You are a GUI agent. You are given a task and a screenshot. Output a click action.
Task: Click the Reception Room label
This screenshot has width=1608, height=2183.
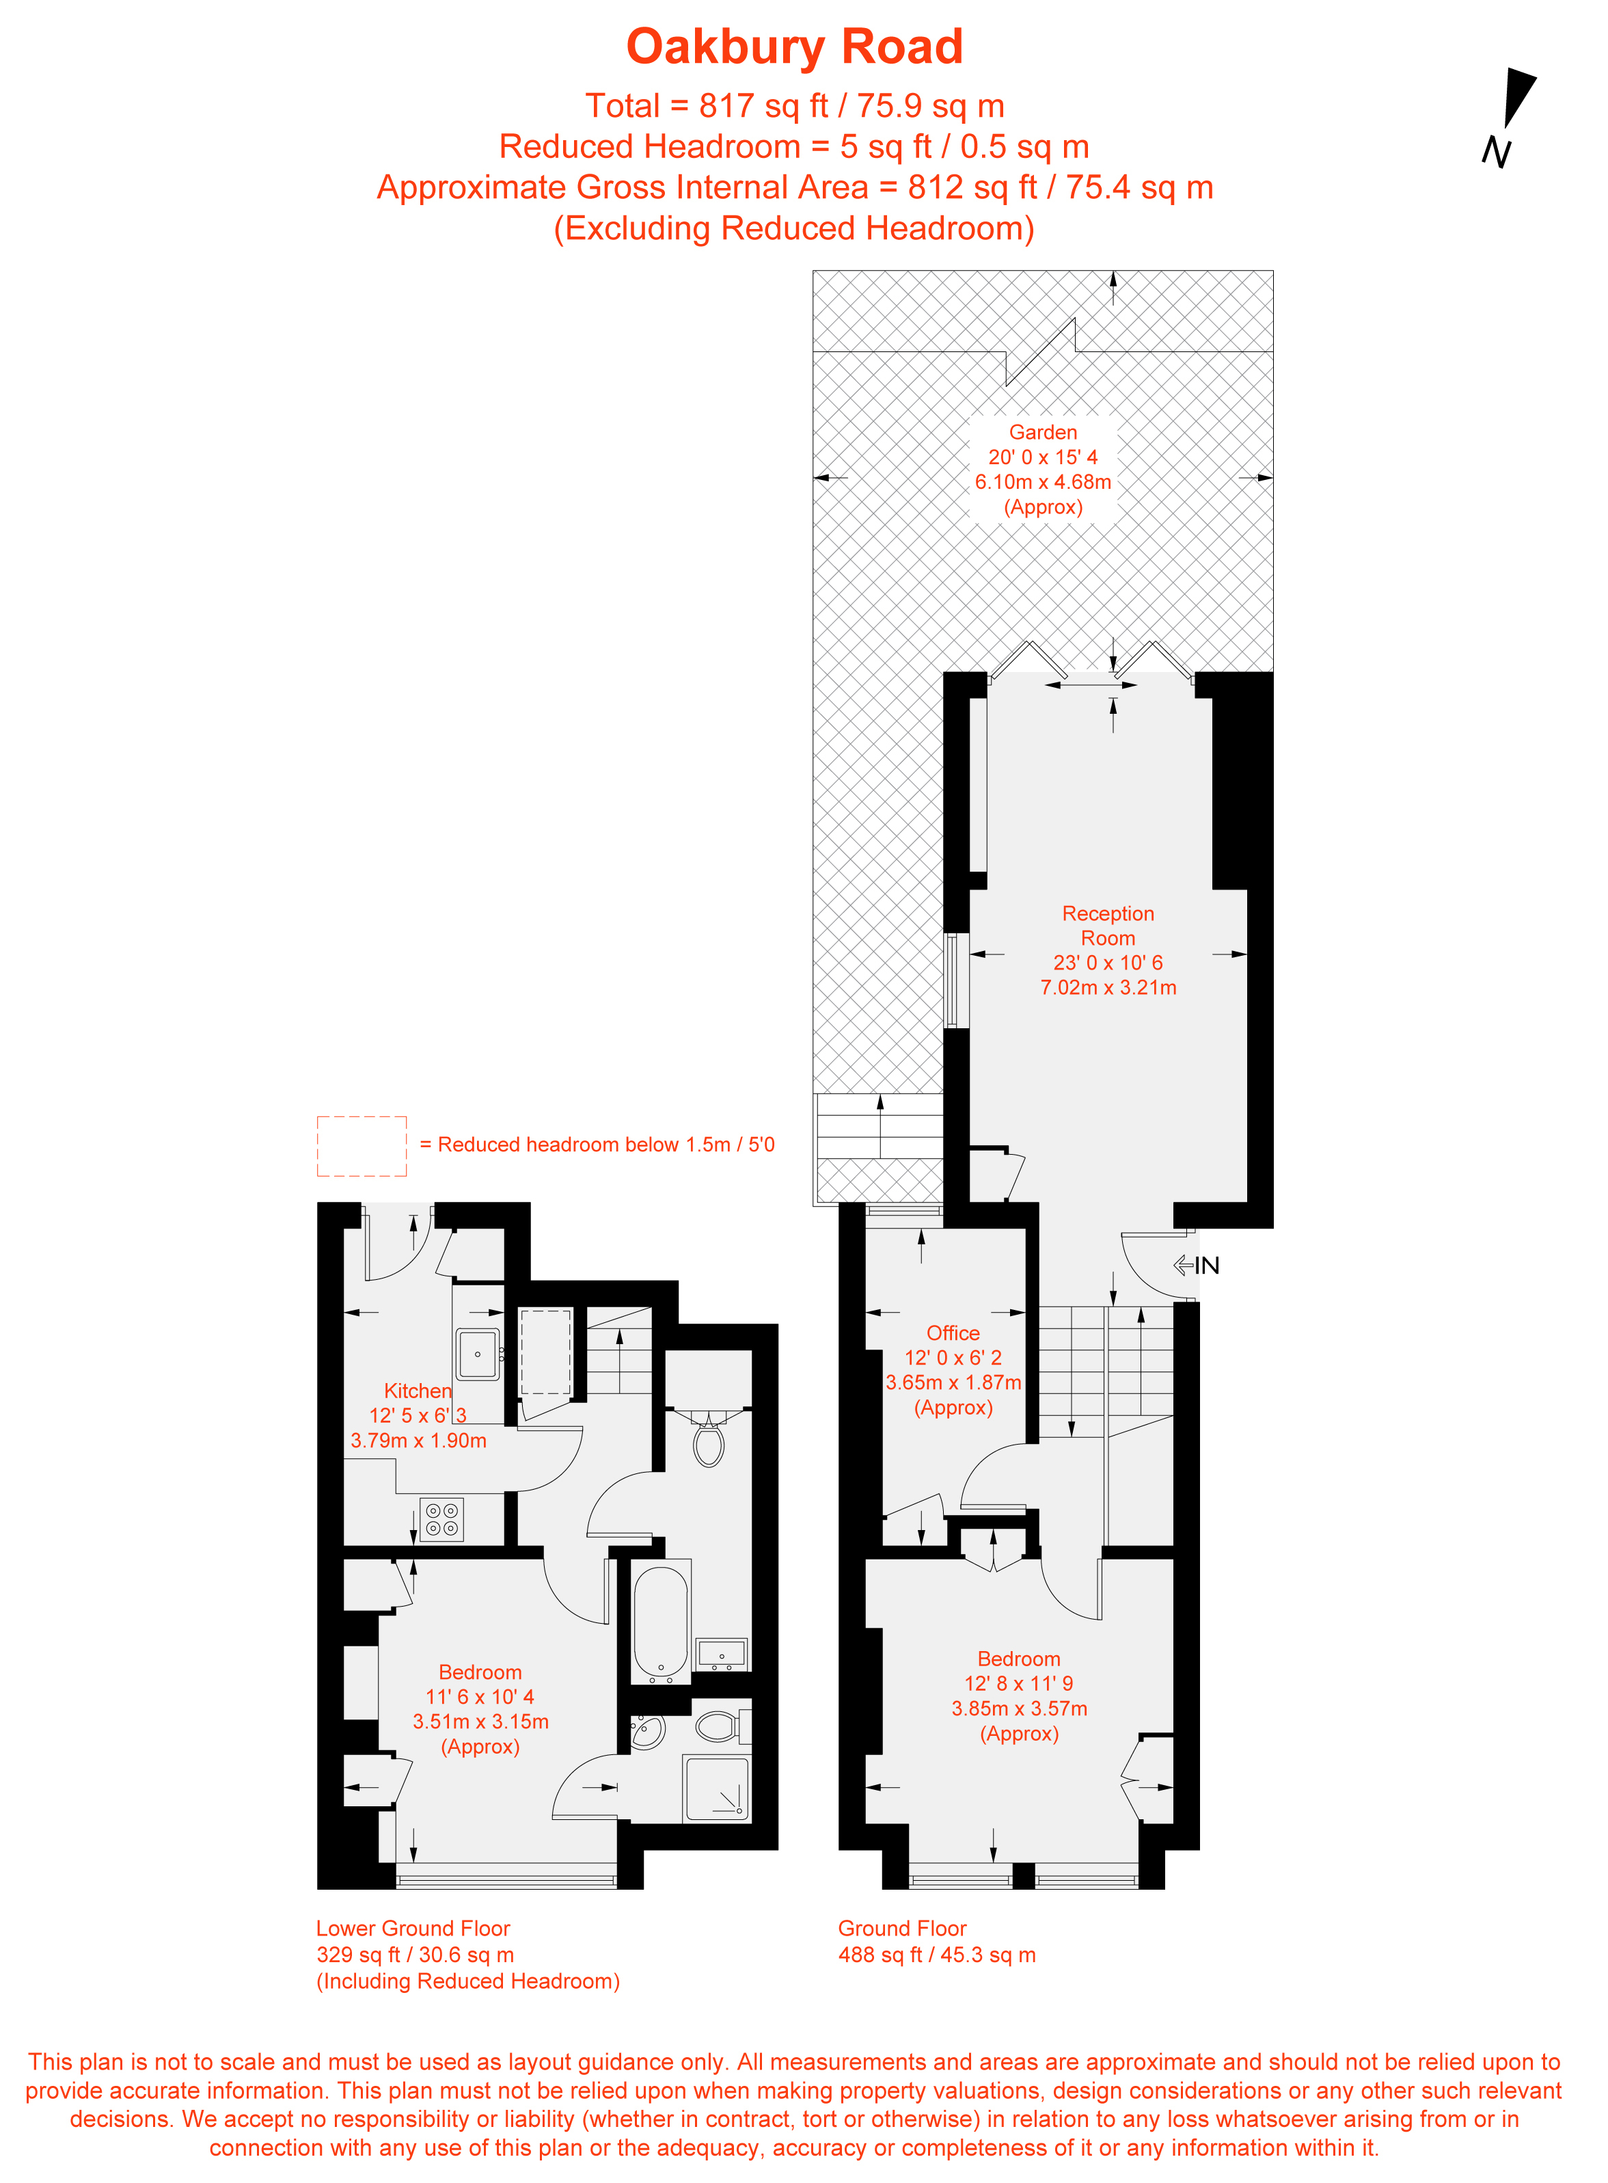(1108, 926)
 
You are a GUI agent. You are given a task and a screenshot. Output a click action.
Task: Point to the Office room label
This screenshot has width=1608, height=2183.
(953, 1333)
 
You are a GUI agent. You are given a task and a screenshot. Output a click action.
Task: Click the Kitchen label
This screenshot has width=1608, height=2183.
(418, 1391)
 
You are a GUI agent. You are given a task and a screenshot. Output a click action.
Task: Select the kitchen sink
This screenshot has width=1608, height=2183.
(478, 1354)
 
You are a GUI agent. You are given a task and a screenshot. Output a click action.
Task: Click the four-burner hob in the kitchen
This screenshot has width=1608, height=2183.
(442, 1519)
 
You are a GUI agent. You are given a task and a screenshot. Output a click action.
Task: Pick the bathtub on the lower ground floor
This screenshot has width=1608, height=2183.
(661, 1625)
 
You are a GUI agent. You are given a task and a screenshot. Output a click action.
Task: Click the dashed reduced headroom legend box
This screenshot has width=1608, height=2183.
(361, 1146)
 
